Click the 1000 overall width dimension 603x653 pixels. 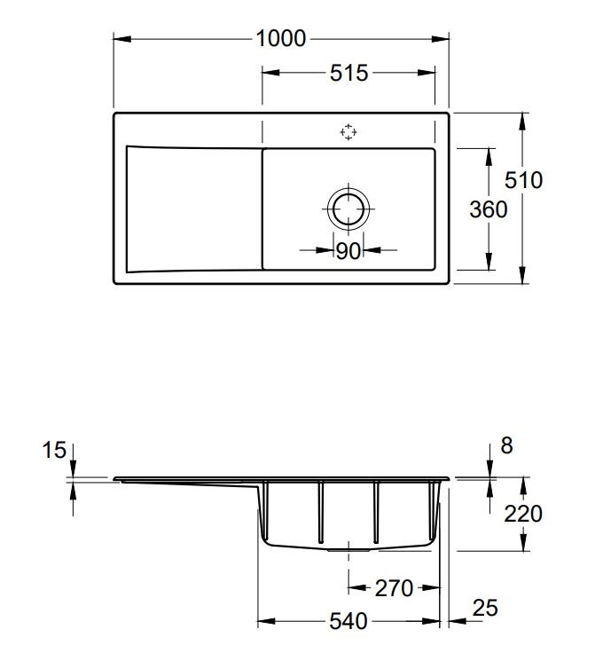(281, 39)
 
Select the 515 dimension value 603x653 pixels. (348, 73)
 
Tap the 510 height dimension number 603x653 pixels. (523, 180)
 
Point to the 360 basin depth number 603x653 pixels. (488, 209)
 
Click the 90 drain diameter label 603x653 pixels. (348, 251)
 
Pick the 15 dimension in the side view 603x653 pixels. (54, 450)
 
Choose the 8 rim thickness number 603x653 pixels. (506, 446)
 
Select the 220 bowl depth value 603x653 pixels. (523, 514)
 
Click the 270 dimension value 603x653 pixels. (394, 588)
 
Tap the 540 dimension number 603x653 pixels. (348, 621)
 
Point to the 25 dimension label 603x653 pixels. (485, 608)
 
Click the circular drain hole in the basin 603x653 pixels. (348, 208)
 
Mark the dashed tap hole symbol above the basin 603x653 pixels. (348, 132)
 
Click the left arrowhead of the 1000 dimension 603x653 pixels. (122, 39)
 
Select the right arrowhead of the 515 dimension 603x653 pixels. (427, 73)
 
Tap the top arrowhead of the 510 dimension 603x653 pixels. (523, 122)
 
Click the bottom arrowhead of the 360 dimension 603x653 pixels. (489, 261)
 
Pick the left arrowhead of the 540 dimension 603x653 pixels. (266, 621)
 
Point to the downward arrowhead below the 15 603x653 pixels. (74, 468)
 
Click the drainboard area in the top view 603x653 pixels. (194, 209)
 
